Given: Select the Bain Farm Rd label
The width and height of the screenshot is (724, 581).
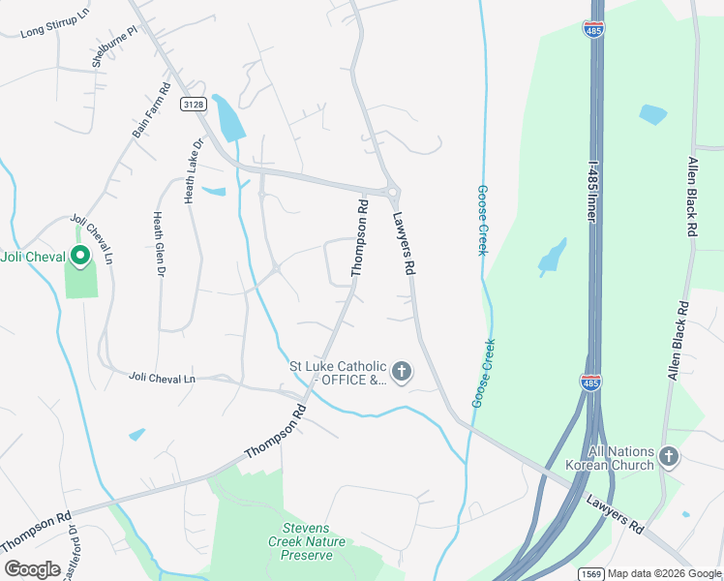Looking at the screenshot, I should click(151, 107).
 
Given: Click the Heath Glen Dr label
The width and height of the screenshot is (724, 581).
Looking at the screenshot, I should click(156, 243).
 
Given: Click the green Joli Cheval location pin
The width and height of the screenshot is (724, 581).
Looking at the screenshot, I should click(80, 257).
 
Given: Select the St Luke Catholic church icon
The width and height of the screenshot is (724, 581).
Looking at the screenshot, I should click(401, 371).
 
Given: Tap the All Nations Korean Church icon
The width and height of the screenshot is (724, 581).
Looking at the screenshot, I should click(668, 455).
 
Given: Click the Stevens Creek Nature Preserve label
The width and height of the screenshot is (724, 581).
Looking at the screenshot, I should click(306, 542).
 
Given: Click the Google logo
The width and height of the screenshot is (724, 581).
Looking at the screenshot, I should click(32, 569).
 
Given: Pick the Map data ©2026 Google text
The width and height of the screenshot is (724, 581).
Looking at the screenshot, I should click(665, 573).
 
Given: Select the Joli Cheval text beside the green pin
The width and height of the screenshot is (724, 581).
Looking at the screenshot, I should click(33, 257).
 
